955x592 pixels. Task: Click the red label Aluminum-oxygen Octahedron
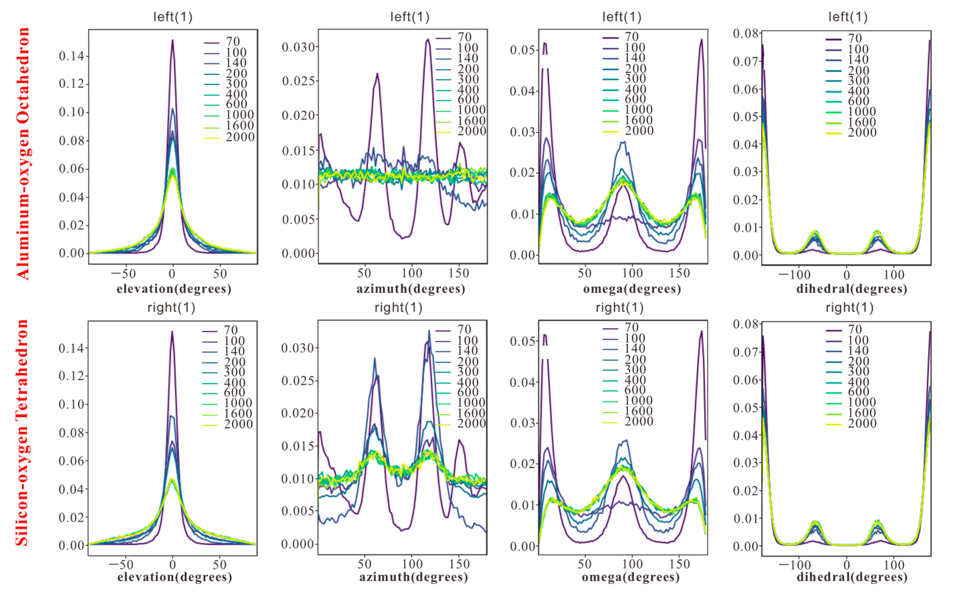(x=23, y=153)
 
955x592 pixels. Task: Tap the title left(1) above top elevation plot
(x=172, y=17)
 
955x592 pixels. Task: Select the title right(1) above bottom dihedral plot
(x=849, y=308)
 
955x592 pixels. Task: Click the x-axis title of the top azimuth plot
(x=410, y=289)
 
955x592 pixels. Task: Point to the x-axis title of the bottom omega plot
(x=630, y=577)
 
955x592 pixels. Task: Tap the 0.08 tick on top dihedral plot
(x=745, y=34)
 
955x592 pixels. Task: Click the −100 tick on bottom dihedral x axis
(x=795, y=565)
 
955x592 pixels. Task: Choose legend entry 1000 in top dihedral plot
(x=861, y=112)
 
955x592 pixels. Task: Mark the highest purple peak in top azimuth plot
(x=428, y=39)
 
